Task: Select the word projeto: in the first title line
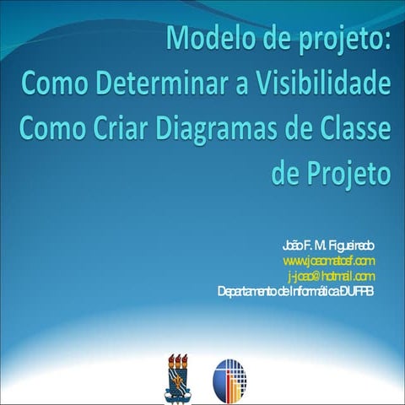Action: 342,40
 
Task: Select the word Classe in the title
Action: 348,129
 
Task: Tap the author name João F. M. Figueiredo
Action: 329,245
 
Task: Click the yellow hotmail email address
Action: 332,276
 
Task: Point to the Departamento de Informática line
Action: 296,292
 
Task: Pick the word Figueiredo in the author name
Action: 349,245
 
